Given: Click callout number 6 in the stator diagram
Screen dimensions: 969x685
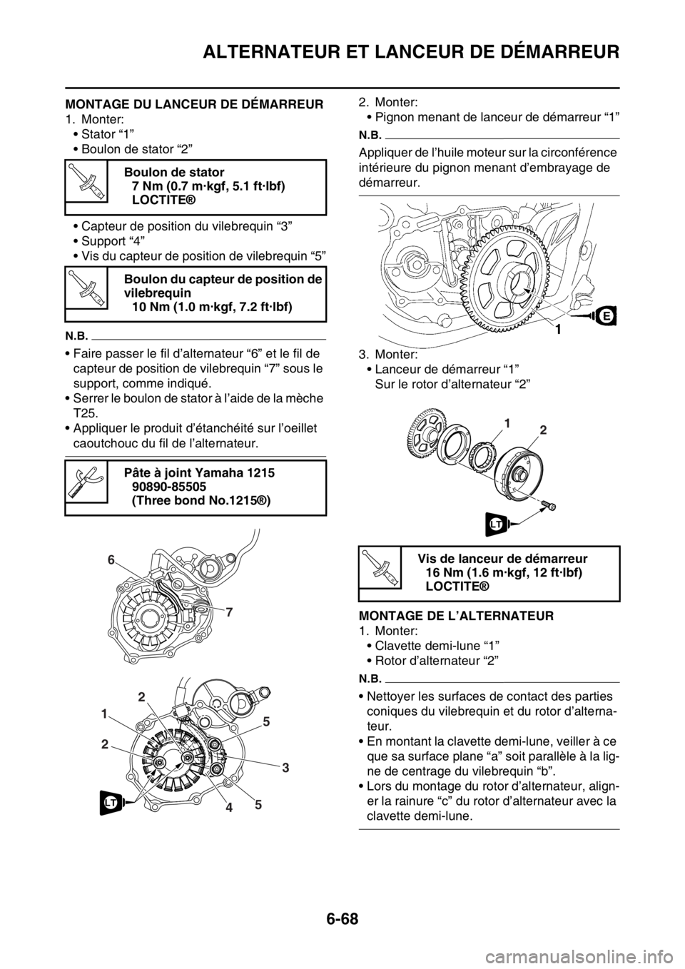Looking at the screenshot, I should click(x=110, y=562).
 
